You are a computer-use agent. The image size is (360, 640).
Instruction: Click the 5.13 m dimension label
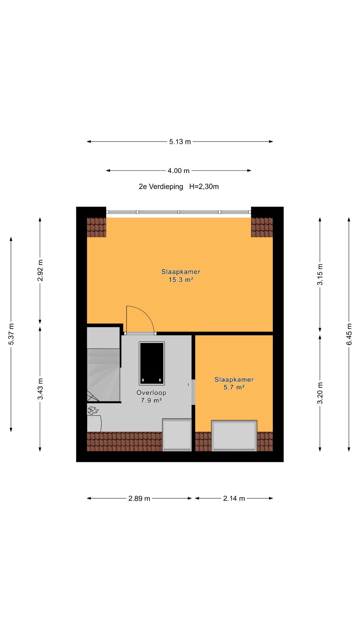pyautogui.click(x=180, y=142)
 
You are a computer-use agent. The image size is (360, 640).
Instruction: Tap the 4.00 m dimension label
pyautogui.click(x=178, y=171)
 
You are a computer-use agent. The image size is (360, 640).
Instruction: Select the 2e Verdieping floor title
pyautogui.click(x=161, y=187)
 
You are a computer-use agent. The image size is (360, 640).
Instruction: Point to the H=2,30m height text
pyautogui.click(x=204, y=187)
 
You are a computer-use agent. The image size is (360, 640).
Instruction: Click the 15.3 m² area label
pyautogui.click(x=181, y=280)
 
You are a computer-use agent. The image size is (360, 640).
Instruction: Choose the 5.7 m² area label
pyautogui.click(x=234, y=387)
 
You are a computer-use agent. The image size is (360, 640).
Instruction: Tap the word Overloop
pyautogui.click(x=151, y=393)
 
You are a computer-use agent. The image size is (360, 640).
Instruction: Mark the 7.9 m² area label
pyautogui.click(x=151, y=400)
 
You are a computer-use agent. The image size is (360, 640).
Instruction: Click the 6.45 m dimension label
pyautogui.click(x=349, y=334)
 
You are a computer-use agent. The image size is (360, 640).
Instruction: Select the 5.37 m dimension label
pyautogui.click(x=11, y=334)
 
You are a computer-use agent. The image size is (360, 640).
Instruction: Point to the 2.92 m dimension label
pyautogui.click(x=40, y=270)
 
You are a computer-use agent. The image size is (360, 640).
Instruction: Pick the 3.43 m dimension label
pyautogui.click(x=40, y=389)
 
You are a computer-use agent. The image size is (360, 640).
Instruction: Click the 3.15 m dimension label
pyautogui.click(x=320, y=274)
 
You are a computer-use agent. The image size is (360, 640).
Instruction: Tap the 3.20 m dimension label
pyautogui.click(x=320, y=393)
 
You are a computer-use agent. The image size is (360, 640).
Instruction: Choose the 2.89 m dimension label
pyautogui.click(x=139, y=498)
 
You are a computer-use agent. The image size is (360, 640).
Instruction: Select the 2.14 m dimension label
pyautogui.click(x=234, y=498)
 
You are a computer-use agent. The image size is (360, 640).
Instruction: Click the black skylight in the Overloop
pyautogui.click(x=152, y=363)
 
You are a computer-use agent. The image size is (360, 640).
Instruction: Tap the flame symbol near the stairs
pyautogui.click(x=93, y=410)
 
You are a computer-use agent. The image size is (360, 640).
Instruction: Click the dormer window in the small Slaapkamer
pyautogui.click(x=234, y=436)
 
